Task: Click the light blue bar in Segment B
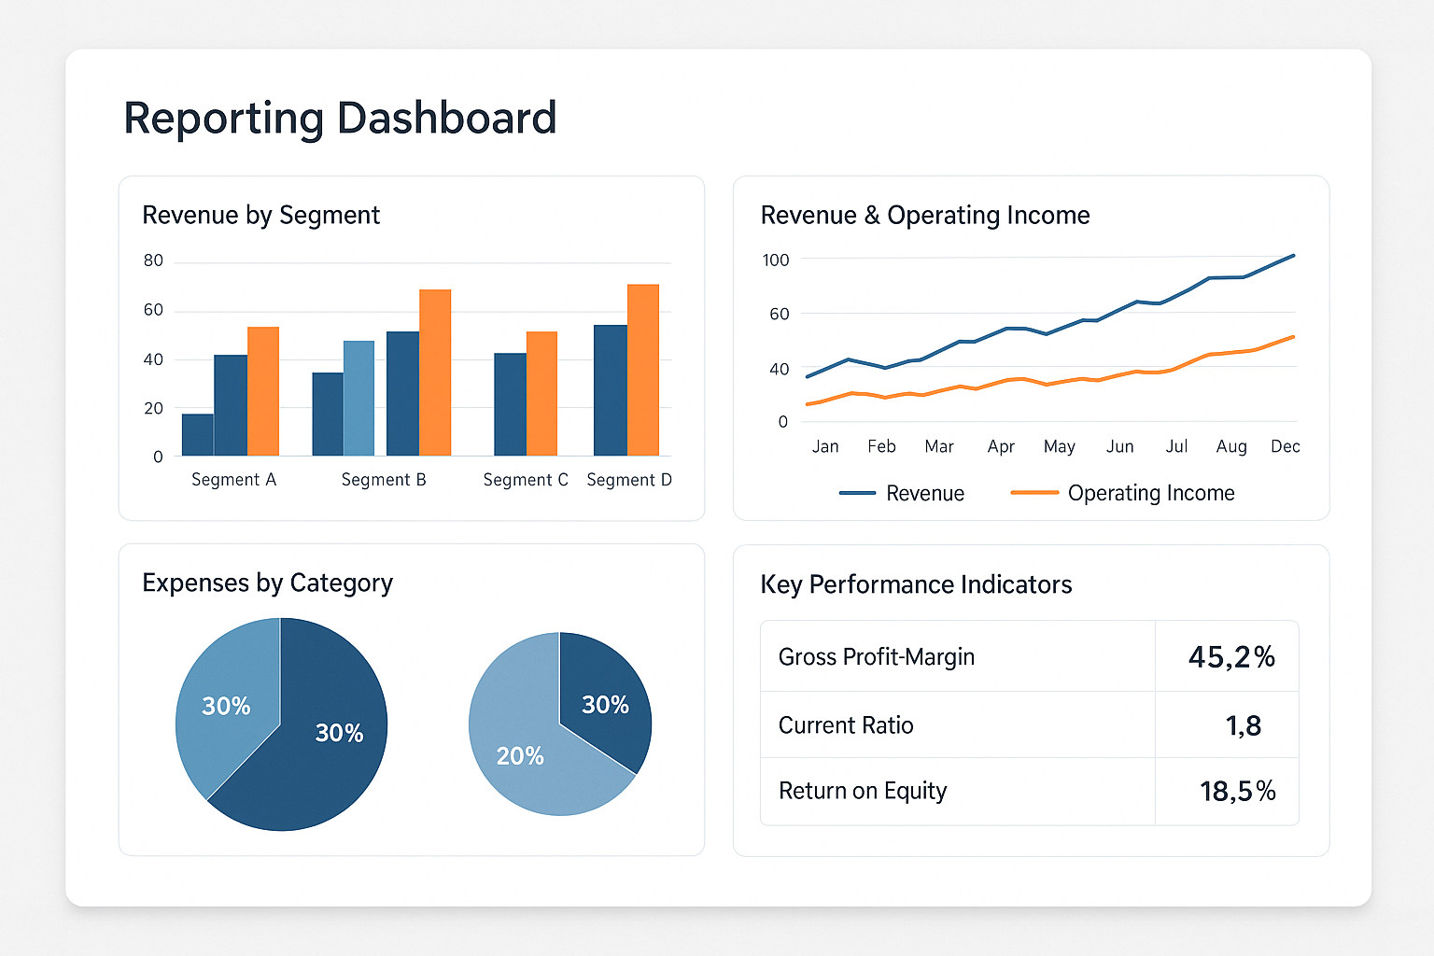click(x=359, y=399)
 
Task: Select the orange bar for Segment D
click(x=642, y=370)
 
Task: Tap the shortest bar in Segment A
click(x=198, y=435)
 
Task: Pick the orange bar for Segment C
click(x=541, y=394)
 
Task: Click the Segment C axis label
click(x=526, y=480)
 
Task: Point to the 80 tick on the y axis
click(x=154, y=260)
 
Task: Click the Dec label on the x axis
click(x=1286, y=446)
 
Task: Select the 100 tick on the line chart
click(x=776, y=260)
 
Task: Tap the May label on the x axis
click(x=1060, y=447)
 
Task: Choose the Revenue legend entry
click(x=902, y=493)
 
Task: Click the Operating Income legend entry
click(x=1123, y=493)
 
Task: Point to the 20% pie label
click(x=520, y=756)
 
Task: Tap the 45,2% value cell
click(x=1231, y=657)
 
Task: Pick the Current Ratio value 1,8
click(x=1244, y=726)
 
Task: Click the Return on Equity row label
click(x=863, y=792)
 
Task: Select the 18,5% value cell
click(x=1237, y=792)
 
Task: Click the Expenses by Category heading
click(x=268, y=583)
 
